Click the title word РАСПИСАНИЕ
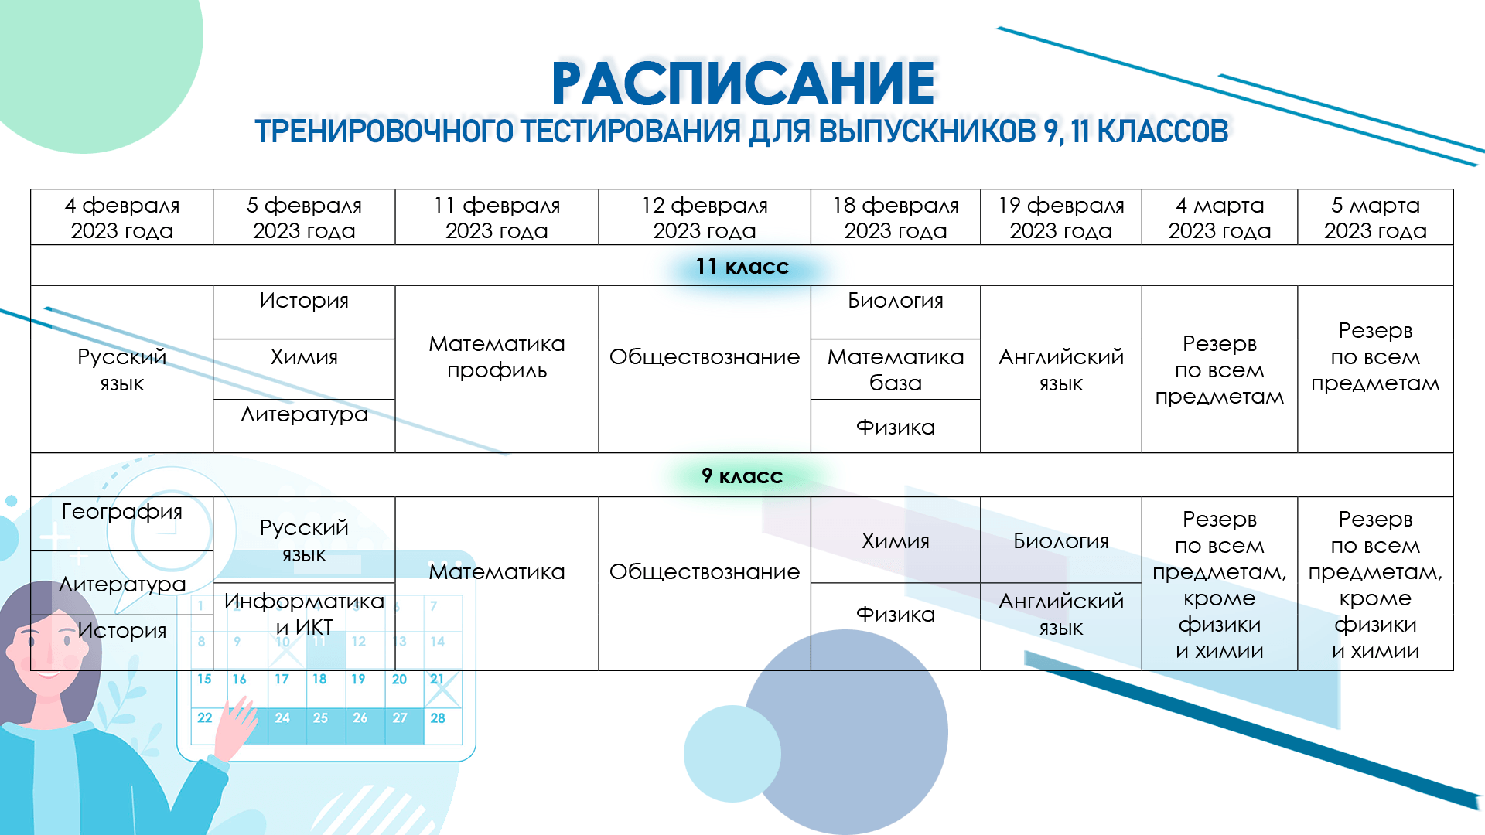[742, 83]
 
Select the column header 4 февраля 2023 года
[121, 218]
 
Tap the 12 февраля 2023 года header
[704, 218]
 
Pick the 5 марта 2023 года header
[1375, 218]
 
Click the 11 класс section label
[742, 267]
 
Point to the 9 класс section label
[742, 476]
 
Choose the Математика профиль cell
[497, 357]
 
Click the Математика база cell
[895, 370]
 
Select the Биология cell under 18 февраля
[895, 301]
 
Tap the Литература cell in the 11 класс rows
[304, 415]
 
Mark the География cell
[121, 512]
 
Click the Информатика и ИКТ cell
[304, 615]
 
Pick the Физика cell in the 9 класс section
[895, 615]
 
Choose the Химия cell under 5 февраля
[304, 357]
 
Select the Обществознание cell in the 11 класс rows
[704, 357]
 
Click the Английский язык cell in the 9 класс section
[1060, 615]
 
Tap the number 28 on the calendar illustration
[438, 718]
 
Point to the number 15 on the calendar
[204, 680]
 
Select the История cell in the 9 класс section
[121, 631]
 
